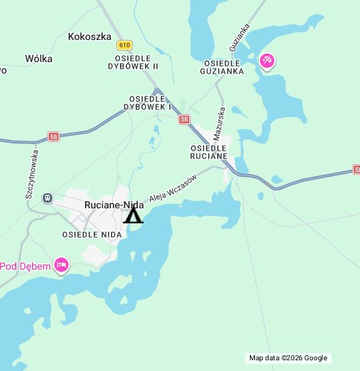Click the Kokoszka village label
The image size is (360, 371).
(x=89, y=36)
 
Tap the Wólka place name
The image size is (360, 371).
(x=39, y=59)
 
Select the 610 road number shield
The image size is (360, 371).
(x=126, y=44)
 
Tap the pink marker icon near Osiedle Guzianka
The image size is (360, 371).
(x=266, y=62)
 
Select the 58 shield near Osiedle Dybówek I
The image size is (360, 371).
(x=185, y=120)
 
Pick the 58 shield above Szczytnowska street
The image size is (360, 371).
(x=54, y=136)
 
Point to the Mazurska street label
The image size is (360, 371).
(x=221, y=123)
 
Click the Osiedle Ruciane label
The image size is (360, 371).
(x=209, y=151)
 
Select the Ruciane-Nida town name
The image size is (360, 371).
(x=114, y=205)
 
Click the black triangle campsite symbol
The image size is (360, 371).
(x=133, y=215)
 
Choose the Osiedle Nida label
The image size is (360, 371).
(x=91, y=234)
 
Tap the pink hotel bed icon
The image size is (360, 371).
(x=61, y=266)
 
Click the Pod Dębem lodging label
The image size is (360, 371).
(x=25, y=267)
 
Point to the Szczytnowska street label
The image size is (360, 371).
(x=30, y=175)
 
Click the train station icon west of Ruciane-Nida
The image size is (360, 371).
(x=47, y=198)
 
